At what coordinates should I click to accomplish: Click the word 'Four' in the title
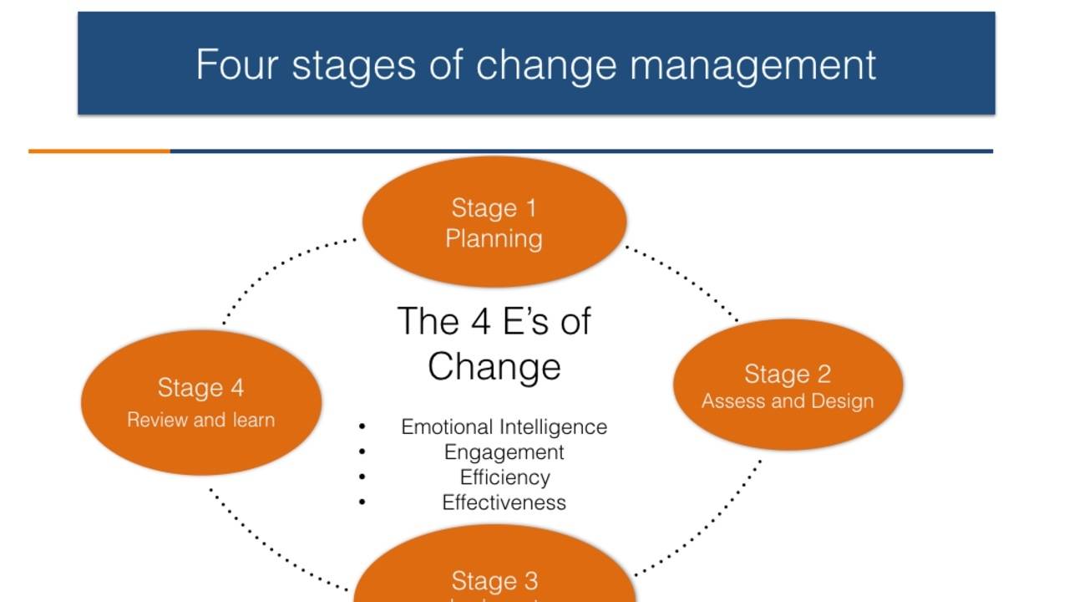click(x=236, y=64)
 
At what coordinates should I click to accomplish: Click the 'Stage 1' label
click(x=494, y=208)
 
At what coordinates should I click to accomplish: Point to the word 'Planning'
click(x=494, y=239)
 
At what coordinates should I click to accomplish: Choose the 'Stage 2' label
click(x=788, y=374)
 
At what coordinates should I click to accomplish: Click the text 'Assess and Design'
click(x=788, y=401)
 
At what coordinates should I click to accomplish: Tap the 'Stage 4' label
click(x=200, y=388)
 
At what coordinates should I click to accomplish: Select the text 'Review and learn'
click(x=200, y=420)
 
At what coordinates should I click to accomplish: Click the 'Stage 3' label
click(x=494, y=580)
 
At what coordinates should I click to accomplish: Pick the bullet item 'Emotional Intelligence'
click(x=504, y=426)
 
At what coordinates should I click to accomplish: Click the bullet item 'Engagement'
click(x=504, y=452)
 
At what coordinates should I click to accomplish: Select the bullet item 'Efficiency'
click(x=504, y=477)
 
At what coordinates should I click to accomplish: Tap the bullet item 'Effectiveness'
click(x=504, y=503)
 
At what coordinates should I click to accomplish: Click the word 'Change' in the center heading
click(x=494, y=366)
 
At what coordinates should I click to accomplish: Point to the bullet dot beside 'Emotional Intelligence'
click(x=362, y=427)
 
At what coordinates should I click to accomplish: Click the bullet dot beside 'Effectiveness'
click(x=362, y=503)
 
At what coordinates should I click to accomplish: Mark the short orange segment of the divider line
click(x=99, y=151)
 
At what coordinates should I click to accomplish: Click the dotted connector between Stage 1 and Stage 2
click(x=683, y=282)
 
